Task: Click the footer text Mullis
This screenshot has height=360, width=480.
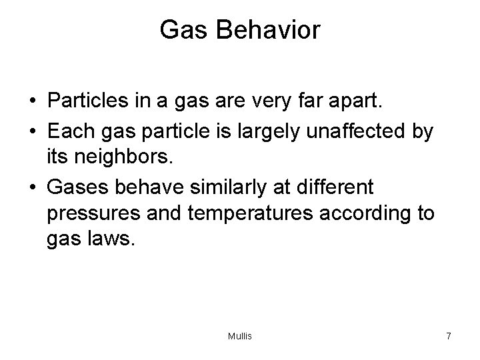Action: click(240, 336)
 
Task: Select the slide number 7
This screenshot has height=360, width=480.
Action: click(449, 336)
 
